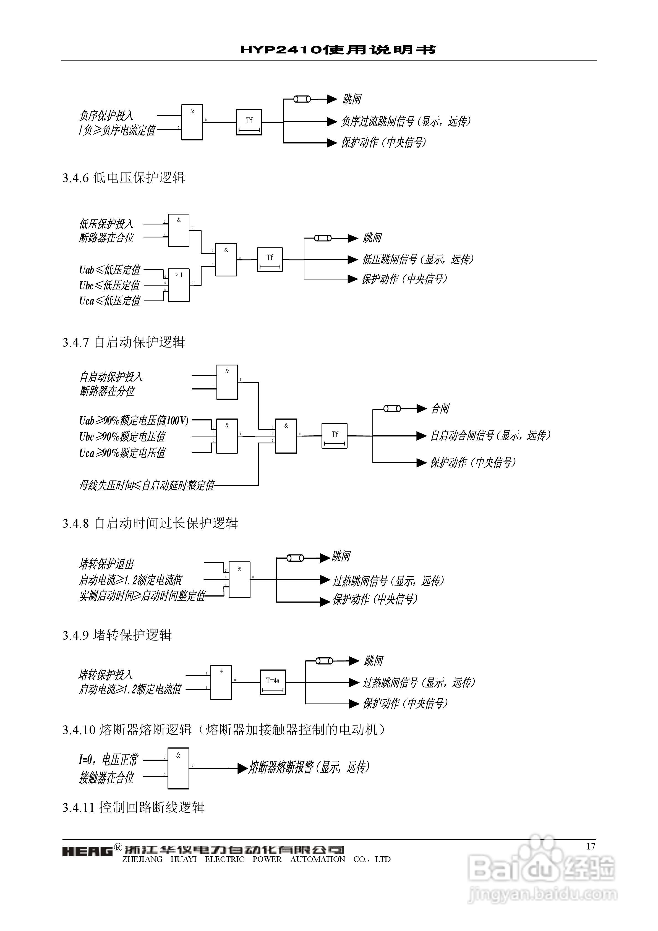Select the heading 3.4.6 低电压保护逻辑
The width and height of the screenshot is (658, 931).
click(124, 178)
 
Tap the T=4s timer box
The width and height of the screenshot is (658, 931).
click(273, 682)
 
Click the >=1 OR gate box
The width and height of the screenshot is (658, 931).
click(179, 285)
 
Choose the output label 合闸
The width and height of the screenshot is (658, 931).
click(440, 408)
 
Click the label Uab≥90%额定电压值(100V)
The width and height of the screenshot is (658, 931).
click(134, 420)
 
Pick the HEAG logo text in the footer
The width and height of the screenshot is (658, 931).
click(87, 851)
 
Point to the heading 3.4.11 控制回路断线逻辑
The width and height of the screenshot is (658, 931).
click(134, 807)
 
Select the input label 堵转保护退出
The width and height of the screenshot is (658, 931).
click(106, 564)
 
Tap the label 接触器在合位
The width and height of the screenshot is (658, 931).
click(106, 777)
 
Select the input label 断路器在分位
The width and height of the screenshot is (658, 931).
click(107, 391)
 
